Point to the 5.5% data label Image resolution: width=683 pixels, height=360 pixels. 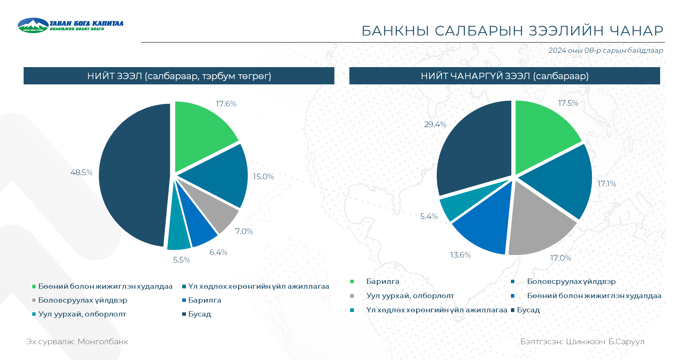tap(181, 260)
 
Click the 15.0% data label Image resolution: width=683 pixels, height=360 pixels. tap(263, 177)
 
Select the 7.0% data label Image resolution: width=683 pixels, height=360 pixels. tap(244, 231)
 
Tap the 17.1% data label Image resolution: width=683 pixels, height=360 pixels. tap(607, 184)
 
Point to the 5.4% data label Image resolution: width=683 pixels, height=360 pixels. tap(429, 216)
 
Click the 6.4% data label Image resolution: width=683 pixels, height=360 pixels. tap(218, 252)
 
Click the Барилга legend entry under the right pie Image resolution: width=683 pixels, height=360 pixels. tap(382, 282)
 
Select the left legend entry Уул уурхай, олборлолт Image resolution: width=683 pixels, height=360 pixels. tap(82, 314)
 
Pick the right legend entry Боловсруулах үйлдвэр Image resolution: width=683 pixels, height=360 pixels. tap(571, 282)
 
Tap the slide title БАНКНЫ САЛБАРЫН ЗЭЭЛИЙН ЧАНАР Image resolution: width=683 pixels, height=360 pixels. tap(512, 31)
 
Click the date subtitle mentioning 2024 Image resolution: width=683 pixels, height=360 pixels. tap(605, 51)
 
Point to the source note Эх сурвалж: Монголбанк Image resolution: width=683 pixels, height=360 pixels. tap(77, 342)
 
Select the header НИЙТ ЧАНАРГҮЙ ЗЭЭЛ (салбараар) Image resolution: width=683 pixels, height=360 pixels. tap(505, 76)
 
